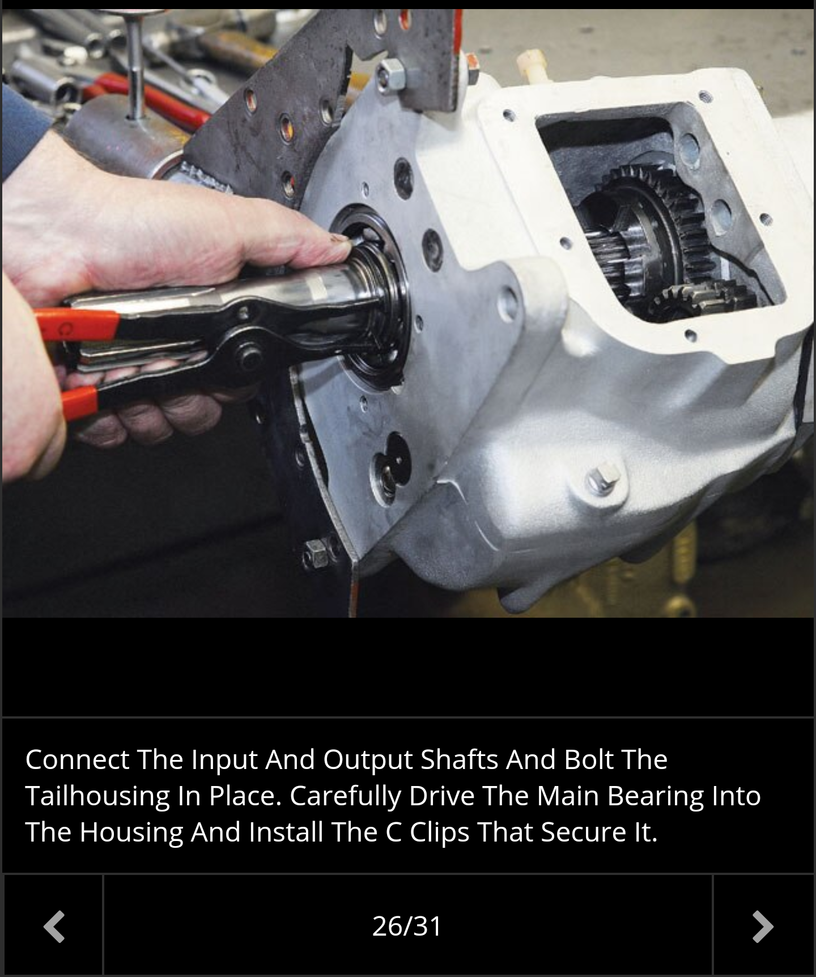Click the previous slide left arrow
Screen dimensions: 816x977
pos(54,927)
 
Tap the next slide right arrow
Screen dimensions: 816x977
pos(763,927)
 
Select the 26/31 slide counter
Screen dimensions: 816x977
pos(407,926)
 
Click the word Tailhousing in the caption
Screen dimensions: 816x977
pos(97,796)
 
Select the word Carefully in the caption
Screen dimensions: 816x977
pos(345,796)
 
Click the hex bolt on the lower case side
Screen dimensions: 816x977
pos(603,478)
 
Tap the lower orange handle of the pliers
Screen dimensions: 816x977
pos(79,399)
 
